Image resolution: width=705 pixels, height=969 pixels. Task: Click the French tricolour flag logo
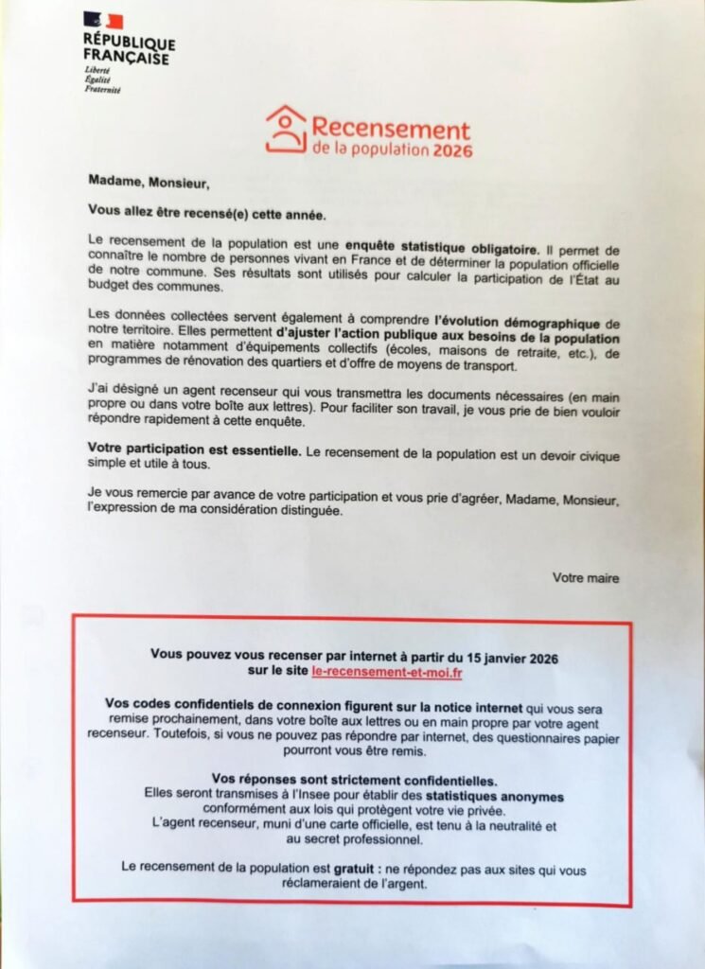(x=103, y=21)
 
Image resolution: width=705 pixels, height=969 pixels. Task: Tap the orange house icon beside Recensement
(x=286, y=130)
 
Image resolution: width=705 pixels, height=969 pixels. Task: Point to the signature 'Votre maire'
(x=587, y=577)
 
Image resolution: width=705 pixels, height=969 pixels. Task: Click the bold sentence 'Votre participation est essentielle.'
(x=194, y=452)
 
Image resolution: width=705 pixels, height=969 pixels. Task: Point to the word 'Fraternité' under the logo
(x=102, y=90)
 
